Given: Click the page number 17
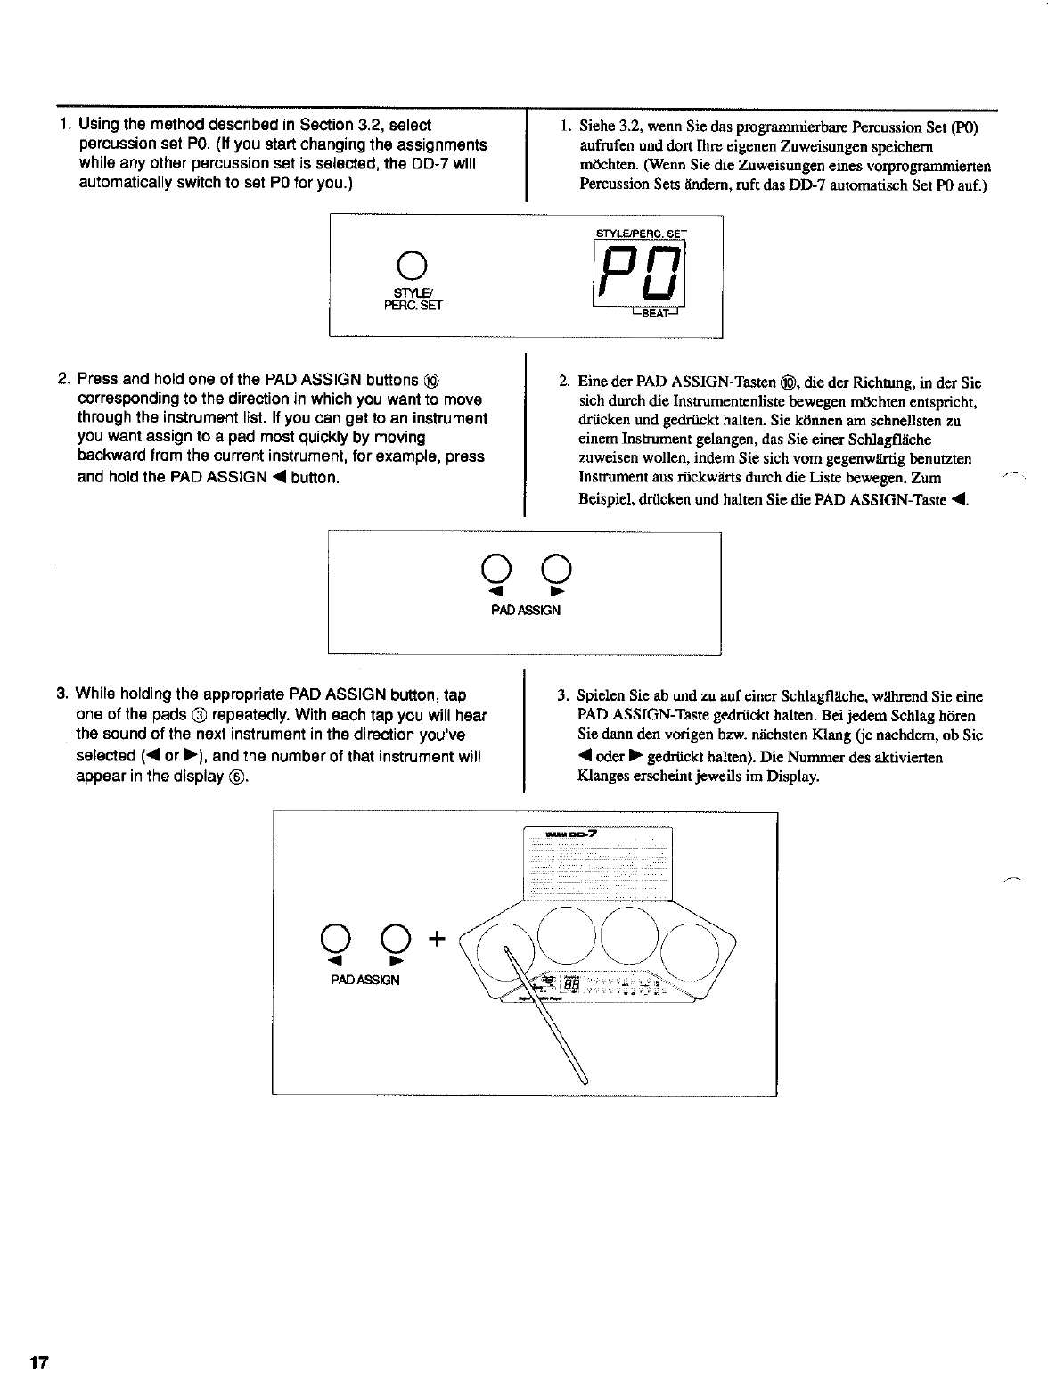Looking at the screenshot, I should click(38, 1364).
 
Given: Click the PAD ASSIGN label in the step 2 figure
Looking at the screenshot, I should click(524, 611).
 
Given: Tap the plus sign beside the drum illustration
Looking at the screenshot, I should click(436, 938).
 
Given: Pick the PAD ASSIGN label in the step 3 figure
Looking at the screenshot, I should click(365, 980).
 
